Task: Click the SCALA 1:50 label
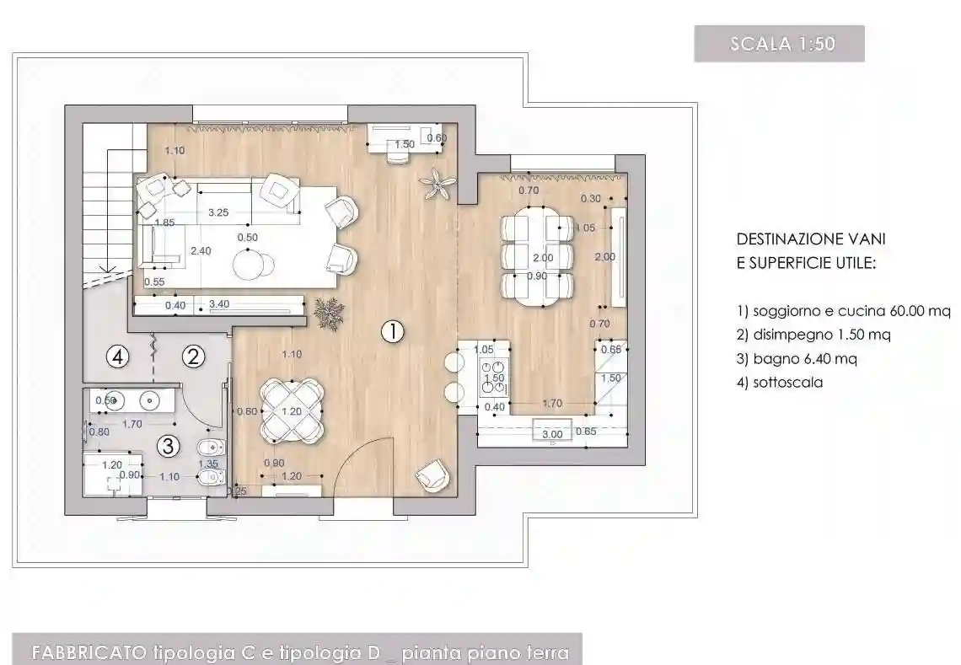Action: tap(778, 44)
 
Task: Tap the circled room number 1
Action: tap(392, 331)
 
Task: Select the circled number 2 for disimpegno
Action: tap(194, 357)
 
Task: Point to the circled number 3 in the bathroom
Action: tap(169, 444)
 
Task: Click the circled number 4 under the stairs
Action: tap(118, 357)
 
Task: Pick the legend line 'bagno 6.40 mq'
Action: tap(797, 358)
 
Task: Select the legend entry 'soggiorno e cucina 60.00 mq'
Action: tap(843, 311)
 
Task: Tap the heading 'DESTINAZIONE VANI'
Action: tap(811, 239)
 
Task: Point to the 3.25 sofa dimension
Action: tap(218, 212)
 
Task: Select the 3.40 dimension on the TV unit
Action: tap(218, 303)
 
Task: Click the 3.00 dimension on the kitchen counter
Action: tap(552, 434)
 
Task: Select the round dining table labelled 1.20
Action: tap(291, 411)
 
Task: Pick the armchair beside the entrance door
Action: tap(432, 476)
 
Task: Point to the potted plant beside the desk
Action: tap(438, 184)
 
